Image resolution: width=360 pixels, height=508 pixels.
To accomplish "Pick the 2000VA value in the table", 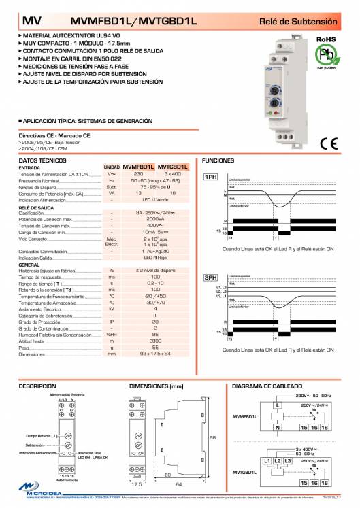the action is (x=155, y=220).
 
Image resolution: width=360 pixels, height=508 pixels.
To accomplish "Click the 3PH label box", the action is (x=211, y=278).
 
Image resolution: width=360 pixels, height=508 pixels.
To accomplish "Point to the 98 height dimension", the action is (x=212, y=437).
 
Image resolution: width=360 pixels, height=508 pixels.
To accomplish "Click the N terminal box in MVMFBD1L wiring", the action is (x=277, y=427).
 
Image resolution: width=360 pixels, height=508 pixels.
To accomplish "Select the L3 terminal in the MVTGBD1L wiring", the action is (x=288, y=461).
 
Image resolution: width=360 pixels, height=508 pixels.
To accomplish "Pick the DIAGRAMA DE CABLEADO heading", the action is (x=266, y=386).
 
